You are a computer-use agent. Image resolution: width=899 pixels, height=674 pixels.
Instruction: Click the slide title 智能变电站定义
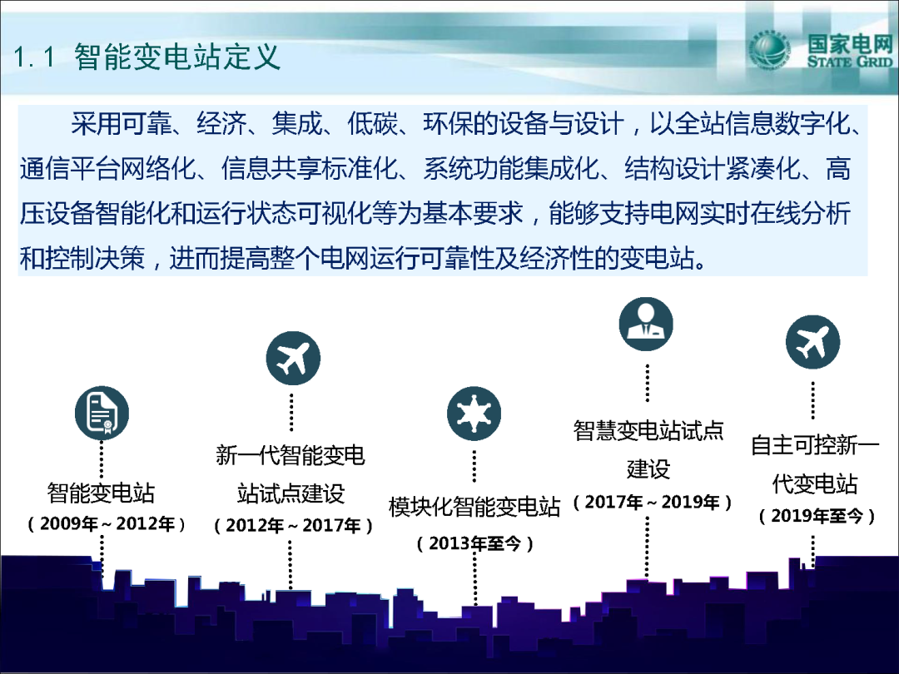point(177,57)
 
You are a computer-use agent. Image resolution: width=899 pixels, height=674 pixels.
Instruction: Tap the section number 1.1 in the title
point(33,57)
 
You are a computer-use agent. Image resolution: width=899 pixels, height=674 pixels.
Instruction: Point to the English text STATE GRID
point(850,62)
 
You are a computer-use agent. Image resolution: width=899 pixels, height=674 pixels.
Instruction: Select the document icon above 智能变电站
point(102,414)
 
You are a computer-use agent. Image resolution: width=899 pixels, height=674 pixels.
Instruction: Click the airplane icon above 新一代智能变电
point(293,358)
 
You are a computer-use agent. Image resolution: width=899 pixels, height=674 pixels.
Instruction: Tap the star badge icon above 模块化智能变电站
point(474,414)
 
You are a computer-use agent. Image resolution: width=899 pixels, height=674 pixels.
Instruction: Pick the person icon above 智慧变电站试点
point(646,324)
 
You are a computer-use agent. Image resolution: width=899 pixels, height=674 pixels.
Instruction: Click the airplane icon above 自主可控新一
point(813,342)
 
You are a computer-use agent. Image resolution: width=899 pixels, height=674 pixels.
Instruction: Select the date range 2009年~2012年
point(107,524)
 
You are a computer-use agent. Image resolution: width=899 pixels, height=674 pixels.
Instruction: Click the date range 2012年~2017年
point(293,526)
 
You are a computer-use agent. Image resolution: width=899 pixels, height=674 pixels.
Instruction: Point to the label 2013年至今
point(474,543)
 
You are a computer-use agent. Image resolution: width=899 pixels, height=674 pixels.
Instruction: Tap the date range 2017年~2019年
point(652,503)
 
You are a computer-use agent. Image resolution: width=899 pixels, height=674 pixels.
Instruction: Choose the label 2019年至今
point(817,517)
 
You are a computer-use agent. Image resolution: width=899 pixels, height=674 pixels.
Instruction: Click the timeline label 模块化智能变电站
point(474,507)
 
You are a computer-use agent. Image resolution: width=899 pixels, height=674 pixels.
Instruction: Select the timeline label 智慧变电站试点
point(648,430)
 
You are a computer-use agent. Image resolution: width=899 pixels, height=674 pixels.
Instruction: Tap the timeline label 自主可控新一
point(815,445)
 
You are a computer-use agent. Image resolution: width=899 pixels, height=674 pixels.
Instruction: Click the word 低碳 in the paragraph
point(372,123)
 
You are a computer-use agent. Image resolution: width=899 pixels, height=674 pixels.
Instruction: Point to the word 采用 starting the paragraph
point(96,123)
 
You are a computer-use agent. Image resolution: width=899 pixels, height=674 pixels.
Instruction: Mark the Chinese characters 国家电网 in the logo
point(850,43)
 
